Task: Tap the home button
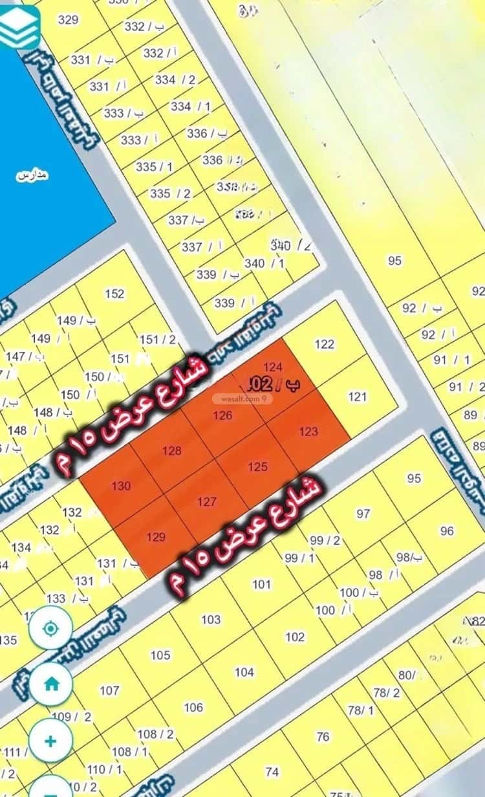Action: click(51, 684)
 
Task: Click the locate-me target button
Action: click(51, 628)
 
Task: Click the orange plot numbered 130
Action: click(121, 486)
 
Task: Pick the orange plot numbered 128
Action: click(172, 450)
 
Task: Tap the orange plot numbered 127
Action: click(207, 501)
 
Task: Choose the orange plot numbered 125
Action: click(257, 466)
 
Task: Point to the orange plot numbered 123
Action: click(308, 431)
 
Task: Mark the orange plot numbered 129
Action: click(156, 536)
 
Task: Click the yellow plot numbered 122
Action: click(325, 344)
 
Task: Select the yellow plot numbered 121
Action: click(358, 397)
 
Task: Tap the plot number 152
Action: click(114, 294)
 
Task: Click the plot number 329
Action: click(68, 19)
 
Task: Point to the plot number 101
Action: click(261, 585)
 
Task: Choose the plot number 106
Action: click(193, 707)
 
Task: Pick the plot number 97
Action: click(363, 513)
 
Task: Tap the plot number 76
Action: click(323, 736)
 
